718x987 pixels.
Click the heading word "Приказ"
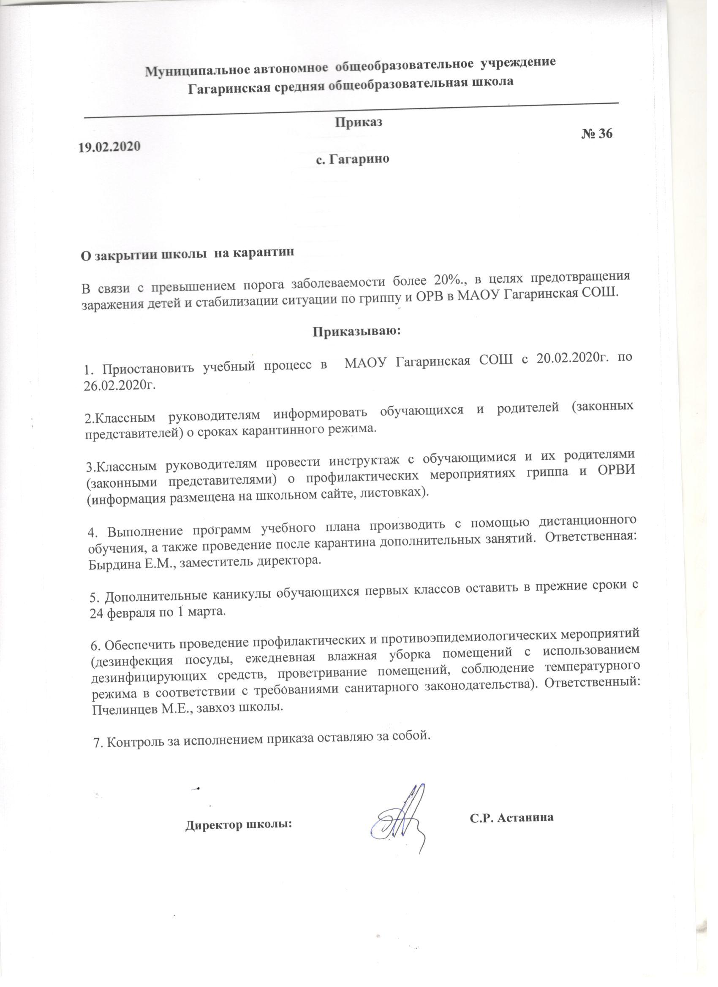pos(358,122)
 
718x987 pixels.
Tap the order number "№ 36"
pos(596,134)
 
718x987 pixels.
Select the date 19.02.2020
pos(109,146)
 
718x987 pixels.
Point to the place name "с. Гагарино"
pos(352,159)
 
